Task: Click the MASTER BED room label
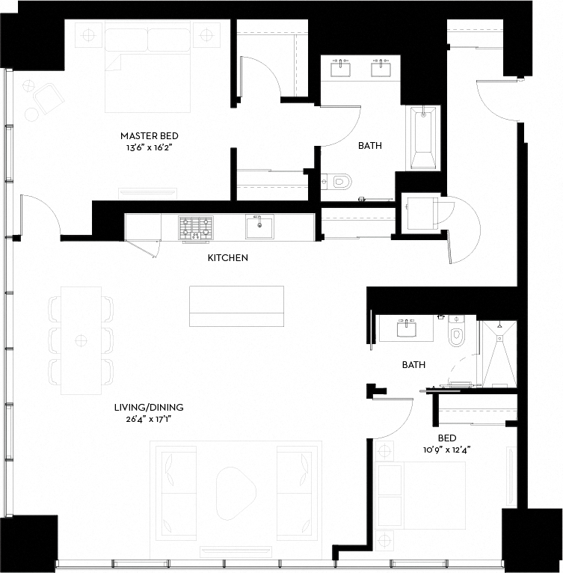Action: pyautogui.click(x=150, y=136)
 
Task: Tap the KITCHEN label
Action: pyautogui.click(x=227, y=257)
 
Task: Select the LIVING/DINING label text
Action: pyautogui.click(x=149, y=407)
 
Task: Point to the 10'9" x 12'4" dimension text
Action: pyautogui.click(x=447, y=450)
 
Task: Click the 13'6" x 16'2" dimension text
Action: pyautogui.click(x=149, y=147)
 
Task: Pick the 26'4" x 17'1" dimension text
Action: pyautogui.click(x=149, y=419)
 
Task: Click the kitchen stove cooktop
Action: pyautogui.click(x=195, y=228)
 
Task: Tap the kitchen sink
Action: pyautogui.click(x=259, y=227)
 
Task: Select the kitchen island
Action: pyautogui.click(x=236, y=306)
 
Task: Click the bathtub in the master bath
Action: pyautogui.click(x=423, y=138)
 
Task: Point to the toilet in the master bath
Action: pyautogui.click(x=337, y=182)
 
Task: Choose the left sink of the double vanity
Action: pyautogui.click(x=340, y=69)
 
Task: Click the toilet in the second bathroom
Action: pyautogui.click(x=455, y=331)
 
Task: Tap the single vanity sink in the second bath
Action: pyautogui.click(x=406, y=328)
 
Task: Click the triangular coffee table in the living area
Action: pyautogui.click(x=235, y=493)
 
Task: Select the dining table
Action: pyautogui.click(x=81, y=340)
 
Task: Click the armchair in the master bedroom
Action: pyautogui.click(x=49, y=98)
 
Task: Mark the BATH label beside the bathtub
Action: pyautogui.click(x=370, y=145)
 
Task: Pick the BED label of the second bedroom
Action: pyautogui.click(x=447, y=438)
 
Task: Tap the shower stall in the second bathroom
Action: pyautogui.click(x=499, y=354)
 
